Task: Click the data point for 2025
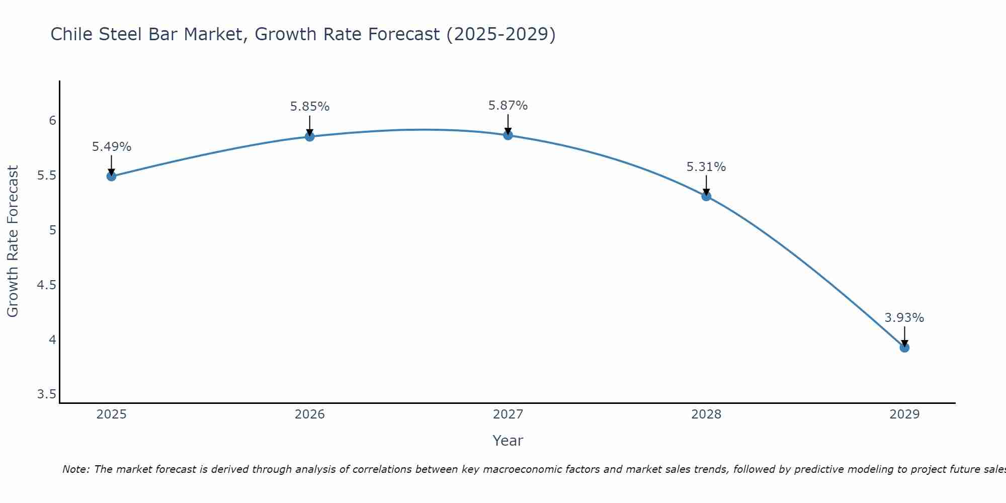tap(111, 176)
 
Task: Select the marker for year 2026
tap(309, 136)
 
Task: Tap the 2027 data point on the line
tap(508, 135)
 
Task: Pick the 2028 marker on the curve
tap(706, 196)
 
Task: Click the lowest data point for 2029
tap(904, 348)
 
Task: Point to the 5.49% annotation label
tap(111, 147)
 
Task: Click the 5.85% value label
tap(309, 107)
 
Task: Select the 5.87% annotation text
tap(508, 106)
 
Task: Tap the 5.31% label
tap(706, 167)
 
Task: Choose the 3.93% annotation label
tap(904, 318)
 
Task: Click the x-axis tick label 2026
tap(309, 414)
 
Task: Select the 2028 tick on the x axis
tap(706, 414)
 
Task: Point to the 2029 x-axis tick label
tap(904, 414)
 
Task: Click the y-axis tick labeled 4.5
tap(46, 285)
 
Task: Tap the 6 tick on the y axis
tap(52, 121)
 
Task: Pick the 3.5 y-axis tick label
tap(46, 394)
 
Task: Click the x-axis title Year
tap(508, 441)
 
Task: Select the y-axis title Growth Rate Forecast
tap(13, 241)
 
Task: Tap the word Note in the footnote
tap(75, 469)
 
